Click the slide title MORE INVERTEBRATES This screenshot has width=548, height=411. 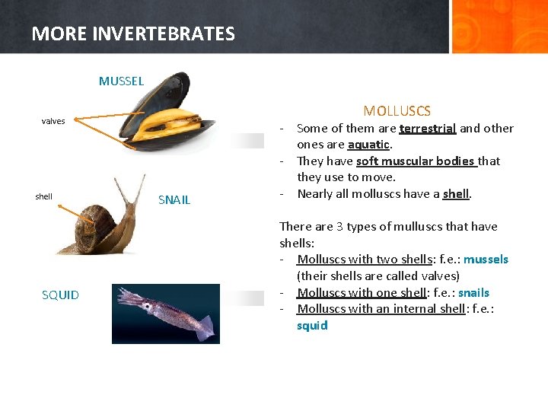(x=133, y=33)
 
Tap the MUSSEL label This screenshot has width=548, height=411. (x=121, y=81)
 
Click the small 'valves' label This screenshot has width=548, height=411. (x=53, y=121)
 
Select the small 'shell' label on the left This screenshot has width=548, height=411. (x=44, y=196)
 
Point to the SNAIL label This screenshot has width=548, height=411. (x=174, y=200)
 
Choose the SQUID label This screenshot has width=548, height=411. (x=60, y=295)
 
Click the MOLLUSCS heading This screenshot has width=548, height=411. (x=397, y=111)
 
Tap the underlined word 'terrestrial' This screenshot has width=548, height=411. (x=427, y=129)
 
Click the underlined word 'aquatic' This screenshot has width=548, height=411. (x=368, y=145)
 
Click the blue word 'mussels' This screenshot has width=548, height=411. (x=486, y=260)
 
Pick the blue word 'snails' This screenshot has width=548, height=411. (x=473, y=292)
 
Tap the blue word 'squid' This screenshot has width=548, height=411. (x=312, y=325)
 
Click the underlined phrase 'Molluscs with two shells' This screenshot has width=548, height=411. (x=365, y=260)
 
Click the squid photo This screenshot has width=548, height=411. (x=166, y=313)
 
